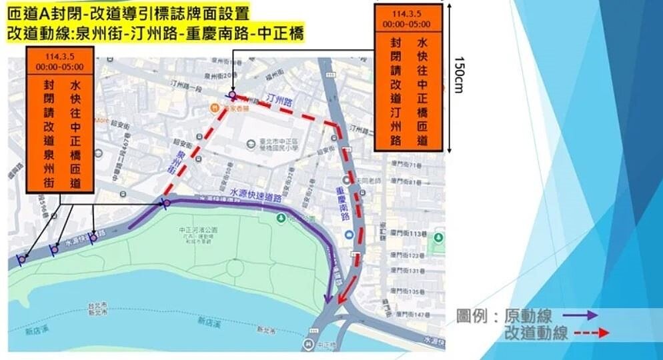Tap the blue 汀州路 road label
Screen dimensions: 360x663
point(279,101)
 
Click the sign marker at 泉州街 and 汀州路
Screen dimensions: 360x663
point(231,95)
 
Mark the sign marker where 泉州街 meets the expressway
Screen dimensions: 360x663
point(166,203)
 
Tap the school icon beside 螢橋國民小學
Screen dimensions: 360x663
point(251,141)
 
